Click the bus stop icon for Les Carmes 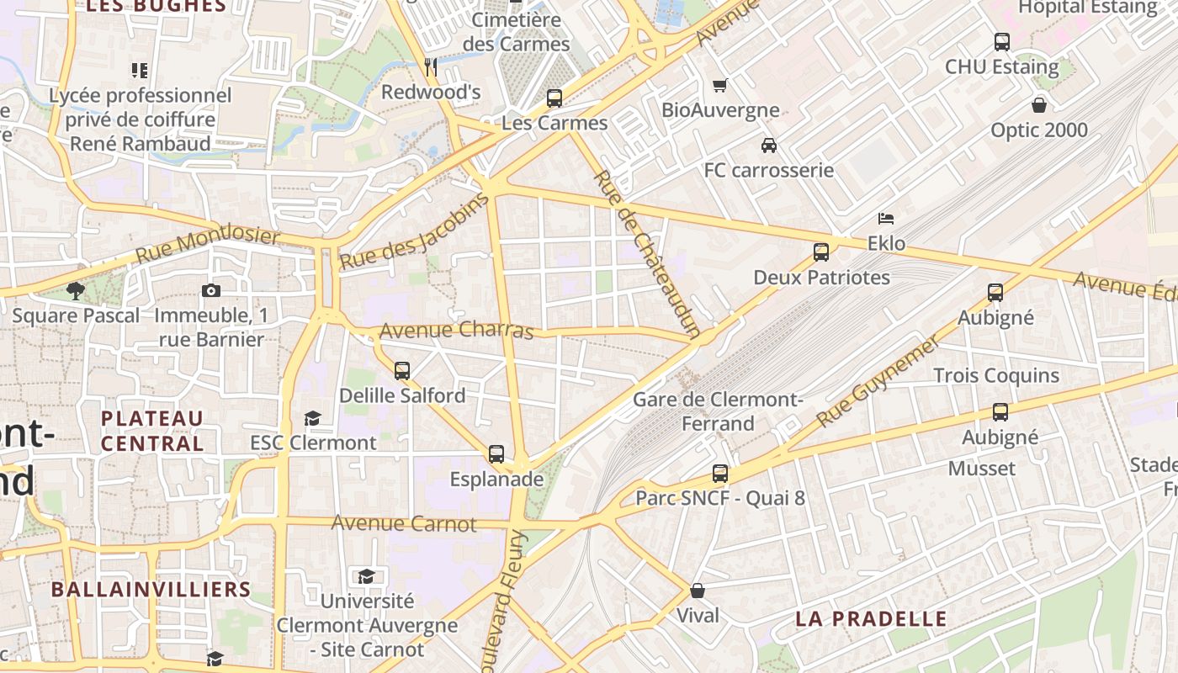555,98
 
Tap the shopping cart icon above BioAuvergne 719,86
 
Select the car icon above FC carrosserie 768,146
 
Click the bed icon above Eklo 886,219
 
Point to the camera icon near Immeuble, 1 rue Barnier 211,291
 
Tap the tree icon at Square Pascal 76,291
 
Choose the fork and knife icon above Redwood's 431,66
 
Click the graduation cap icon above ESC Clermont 312,418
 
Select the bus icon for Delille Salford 402,370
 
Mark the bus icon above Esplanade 496,454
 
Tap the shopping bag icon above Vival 698,591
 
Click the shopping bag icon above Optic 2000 1039,105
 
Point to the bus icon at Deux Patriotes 821,252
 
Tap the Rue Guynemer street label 877,381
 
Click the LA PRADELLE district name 871,619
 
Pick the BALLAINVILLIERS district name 151,589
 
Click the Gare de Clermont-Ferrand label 718,411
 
